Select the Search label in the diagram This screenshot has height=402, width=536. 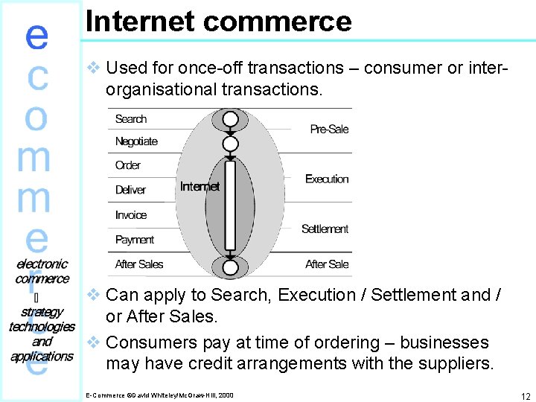pos(131,119)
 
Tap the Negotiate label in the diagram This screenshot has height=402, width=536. pos(136,141)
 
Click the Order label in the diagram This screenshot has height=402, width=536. pos(128,165)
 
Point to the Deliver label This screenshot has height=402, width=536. pos(130,190)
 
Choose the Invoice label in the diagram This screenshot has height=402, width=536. pos(131,215)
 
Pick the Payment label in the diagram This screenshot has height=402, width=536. pos(135,240)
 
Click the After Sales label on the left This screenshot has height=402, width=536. pos(139,264)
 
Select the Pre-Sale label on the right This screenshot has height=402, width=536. pos(329,130)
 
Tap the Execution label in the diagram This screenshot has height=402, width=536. pos(327,179)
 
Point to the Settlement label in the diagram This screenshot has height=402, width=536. pos(325,229)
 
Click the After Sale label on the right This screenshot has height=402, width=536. pos(327,264)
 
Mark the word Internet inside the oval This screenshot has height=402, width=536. pos(200,186)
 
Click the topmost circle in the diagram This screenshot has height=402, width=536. pos(231,119)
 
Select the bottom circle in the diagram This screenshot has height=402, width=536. pos(231,267)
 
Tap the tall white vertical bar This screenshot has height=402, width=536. pos(231,205)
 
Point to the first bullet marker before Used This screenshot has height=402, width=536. pos(94,68)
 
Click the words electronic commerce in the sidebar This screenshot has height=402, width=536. pos(42,271)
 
